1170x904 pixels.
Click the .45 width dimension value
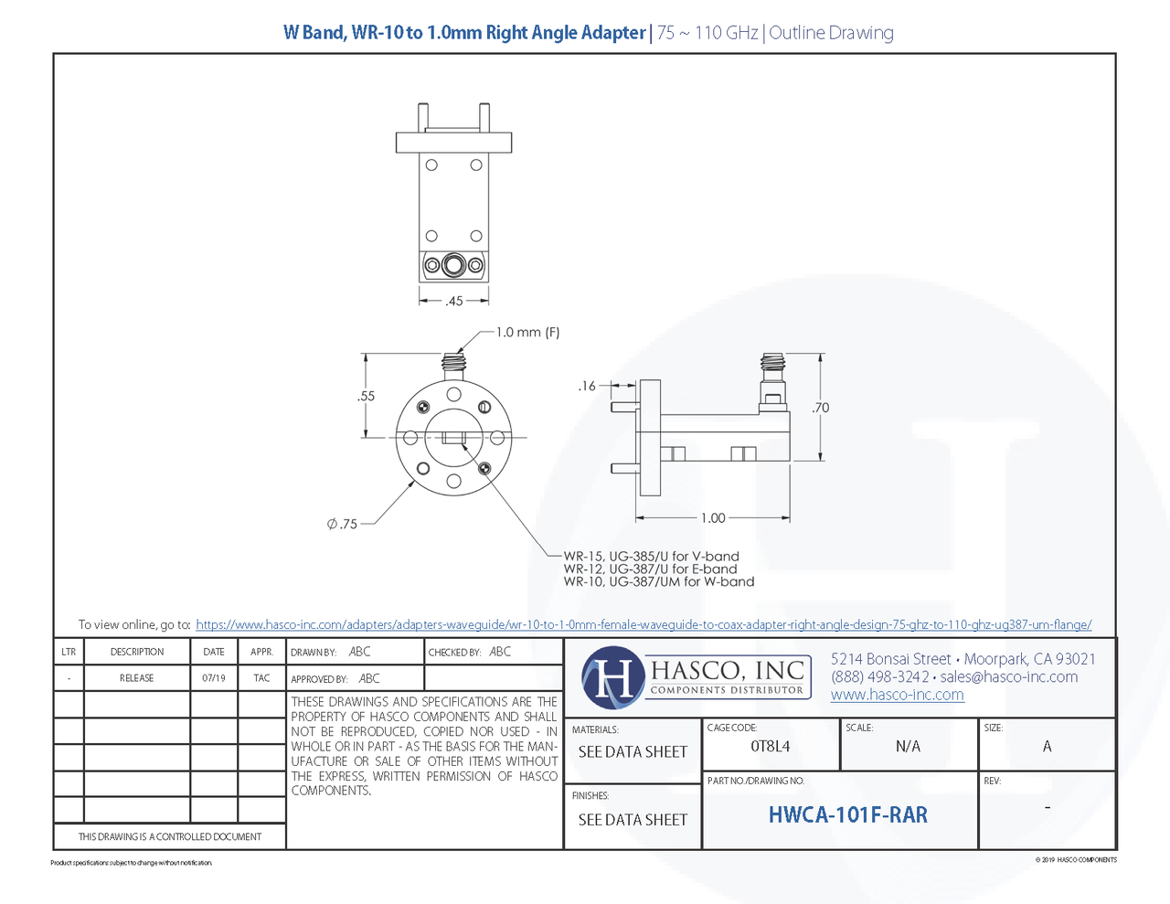454,301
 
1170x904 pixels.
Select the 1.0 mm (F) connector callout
527,333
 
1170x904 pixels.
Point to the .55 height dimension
366,396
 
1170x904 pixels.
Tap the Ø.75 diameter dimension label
343,524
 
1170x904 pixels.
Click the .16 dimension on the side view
586,386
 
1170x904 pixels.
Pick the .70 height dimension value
820,408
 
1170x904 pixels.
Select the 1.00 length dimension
713,518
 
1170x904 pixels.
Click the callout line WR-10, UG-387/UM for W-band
658,581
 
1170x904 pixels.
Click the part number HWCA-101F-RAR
847,815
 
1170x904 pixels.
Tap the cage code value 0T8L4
770,747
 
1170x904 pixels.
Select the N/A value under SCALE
908,747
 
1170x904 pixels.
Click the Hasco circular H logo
612,677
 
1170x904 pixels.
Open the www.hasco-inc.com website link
897,695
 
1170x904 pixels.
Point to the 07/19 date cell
214,678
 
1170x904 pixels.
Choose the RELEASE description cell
137,678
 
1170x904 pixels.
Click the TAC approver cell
261,678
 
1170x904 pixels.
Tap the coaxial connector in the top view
453,266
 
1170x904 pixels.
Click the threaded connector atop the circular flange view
453,364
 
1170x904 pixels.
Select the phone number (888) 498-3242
879,677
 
